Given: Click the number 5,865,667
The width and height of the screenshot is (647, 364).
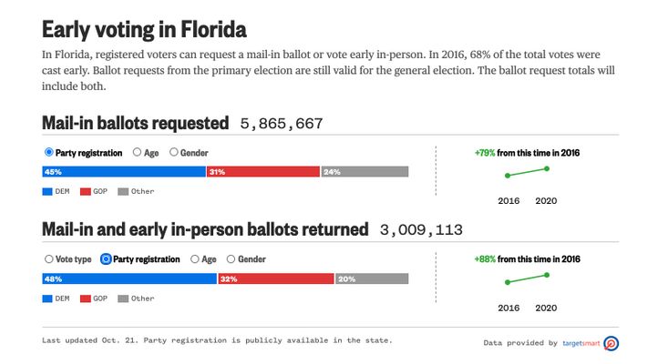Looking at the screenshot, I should coord(282,123).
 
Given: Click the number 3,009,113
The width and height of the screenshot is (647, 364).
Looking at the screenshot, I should coord(421,229).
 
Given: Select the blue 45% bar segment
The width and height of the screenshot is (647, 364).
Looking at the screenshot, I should coord(124,172).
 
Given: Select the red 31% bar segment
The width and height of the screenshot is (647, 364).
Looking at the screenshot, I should coord(263,172).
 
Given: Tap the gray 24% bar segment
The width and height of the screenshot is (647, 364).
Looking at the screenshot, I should coord(365,172).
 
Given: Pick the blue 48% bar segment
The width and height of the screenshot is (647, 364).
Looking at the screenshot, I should coord(129,279).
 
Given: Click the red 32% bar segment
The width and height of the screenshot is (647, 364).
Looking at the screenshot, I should coord(276,279).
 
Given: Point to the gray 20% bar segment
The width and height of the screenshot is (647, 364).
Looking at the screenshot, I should coord(372,279).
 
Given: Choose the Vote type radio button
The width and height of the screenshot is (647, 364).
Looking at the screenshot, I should coord(49,259).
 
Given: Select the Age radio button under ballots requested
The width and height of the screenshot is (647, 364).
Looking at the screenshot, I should coord(138,153).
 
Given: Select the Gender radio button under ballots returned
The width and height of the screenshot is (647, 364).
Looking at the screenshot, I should coord(231,259).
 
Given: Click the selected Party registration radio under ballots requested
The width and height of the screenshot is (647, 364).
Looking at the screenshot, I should coord(49,153).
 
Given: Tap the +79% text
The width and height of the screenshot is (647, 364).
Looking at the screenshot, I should coord(484,153).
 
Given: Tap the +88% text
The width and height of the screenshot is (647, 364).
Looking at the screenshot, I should coord(484,259).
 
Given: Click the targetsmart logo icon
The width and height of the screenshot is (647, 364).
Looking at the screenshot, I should coord(611,343).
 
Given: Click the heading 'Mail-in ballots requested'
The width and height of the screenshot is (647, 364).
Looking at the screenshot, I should coord(135,123).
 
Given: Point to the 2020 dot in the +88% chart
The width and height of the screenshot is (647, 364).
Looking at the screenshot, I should coord(547,274).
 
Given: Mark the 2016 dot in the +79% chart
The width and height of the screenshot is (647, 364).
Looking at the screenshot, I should coord(508,175).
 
